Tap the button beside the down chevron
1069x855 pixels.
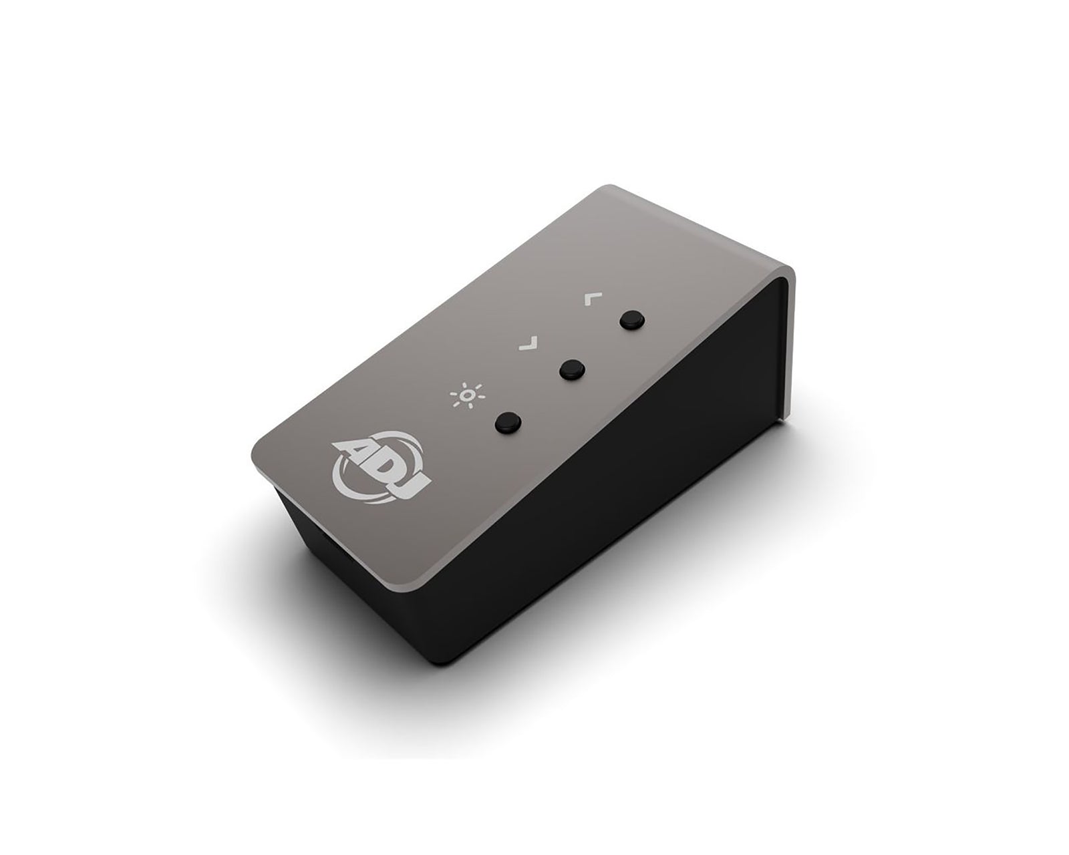(571, 369)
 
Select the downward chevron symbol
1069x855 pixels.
(528, 344)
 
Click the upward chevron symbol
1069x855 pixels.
(587, 298)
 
